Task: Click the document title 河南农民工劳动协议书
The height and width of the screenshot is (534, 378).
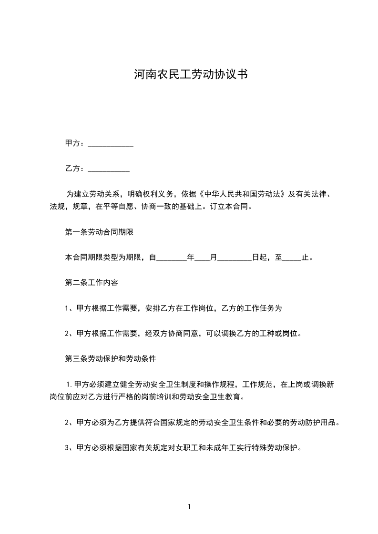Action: point(189,75)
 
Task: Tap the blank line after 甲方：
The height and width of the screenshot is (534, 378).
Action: point(111,143)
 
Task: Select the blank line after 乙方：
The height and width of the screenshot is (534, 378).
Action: point(109,169)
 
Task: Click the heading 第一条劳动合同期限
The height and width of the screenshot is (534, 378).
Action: point(102,233)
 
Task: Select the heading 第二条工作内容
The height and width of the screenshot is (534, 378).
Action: point(91,282)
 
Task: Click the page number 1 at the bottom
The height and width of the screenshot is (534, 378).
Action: point(189,507)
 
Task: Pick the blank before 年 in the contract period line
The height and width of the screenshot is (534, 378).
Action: point(172,258)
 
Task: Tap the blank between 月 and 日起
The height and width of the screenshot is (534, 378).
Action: point(235,258)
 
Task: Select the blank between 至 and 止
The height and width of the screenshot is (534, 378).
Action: point(292,258)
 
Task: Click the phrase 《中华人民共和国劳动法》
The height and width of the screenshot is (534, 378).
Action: point(243,195)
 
